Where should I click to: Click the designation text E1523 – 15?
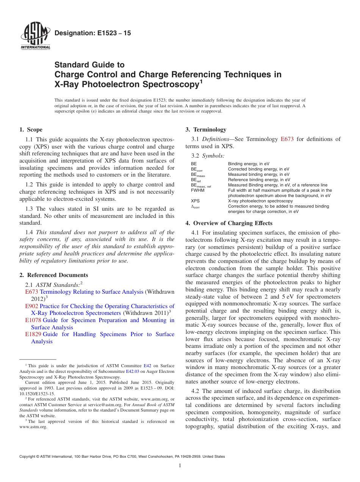(93, 33)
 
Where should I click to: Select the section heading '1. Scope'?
(31, 130)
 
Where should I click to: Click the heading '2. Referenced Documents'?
(53, 275)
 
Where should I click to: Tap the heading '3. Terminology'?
(206, 130)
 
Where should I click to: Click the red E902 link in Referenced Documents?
(31, 306)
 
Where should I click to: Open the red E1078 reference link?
(33, 320)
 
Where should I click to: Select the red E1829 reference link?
(33, 334)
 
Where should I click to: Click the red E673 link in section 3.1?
(287, 139)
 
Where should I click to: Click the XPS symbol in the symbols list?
(195, 201)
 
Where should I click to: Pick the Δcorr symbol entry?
(195, 207)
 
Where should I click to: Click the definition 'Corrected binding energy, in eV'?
(258, 169)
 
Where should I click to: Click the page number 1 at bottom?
(180, 466)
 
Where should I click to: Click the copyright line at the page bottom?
(122, 457)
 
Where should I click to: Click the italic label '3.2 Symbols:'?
(208, 156)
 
